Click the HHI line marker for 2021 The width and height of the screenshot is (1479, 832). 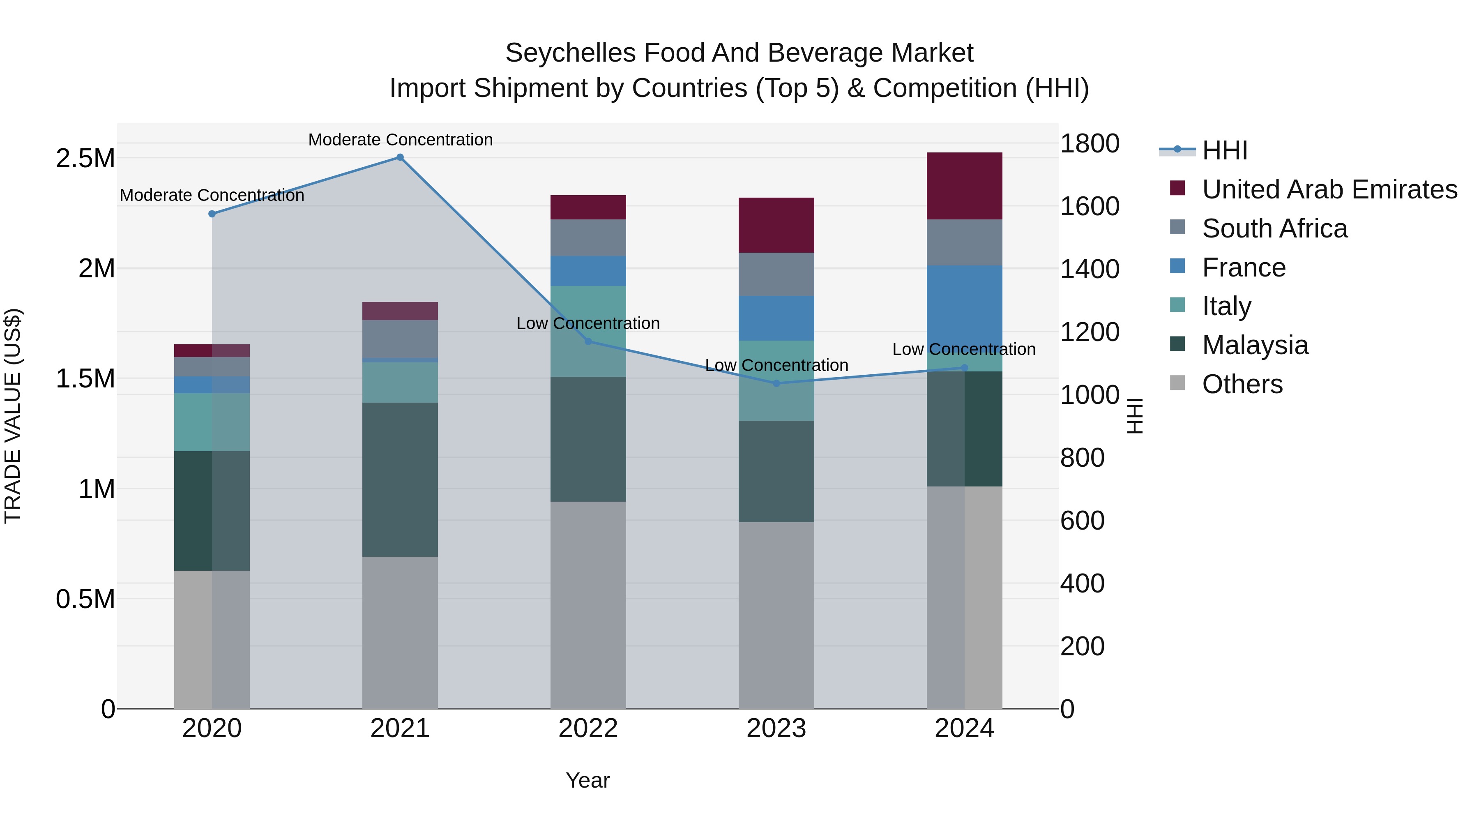[x=400, y=157]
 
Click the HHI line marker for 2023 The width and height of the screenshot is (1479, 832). [x=776, y=383]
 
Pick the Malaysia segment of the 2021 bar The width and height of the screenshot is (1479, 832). [x=400, y=479]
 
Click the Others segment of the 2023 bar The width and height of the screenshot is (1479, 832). [x=776, y=614]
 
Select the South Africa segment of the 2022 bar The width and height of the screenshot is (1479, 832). [x=588, y=238]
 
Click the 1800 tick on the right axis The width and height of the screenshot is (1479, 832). [x=1089, y=143]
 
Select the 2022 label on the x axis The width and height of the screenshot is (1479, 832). [x=588, y=728]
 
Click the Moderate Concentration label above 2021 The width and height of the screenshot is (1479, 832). [x=400, y=140]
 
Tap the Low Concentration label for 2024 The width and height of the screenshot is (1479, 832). [x=963, y=349]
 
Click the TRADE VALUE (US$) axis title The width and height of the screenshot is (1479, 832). [x=13, y=416]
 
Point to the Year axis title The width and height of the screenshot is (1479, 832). [x=587, y=780]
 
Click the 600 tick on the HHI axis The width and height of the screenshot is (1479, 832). [x=1082, y=521]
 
